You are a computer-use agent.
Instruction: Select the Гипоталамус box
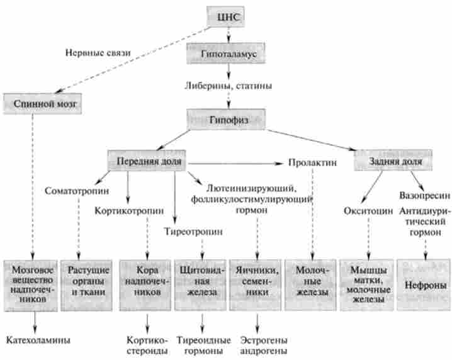tap(225, 55)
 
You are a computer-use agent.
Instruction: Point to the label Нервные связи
tap(98, 52)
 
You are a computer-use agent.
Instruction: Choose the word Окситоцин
tap(368, 210)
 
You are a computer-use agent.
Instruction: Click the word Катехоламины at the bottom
tap(38, 340)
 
